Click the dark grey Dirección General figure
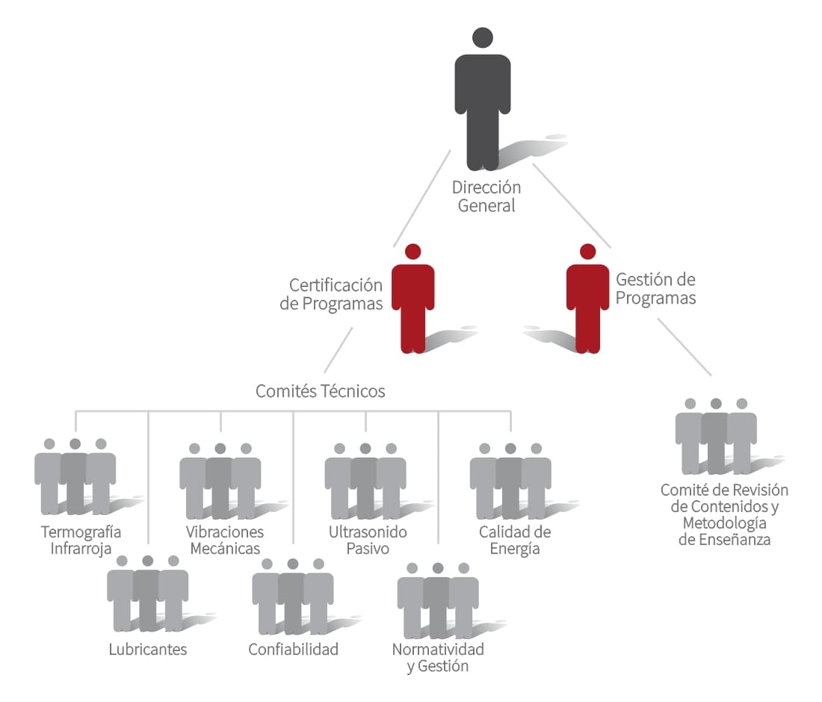click(x=482, y=99)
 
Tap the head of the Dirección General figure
click(x=482, y=37)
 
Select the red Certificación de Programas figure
click(x=413, y=299)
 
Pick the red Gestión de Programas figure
click(x=587, y=299)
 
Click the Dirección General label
click(x=486, y=197)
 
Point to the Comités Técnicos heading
click(x=321, y=391)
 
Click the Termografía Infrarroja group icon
click(x=75, y=476)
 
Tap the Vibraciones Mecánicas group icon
click(x=220, y=481)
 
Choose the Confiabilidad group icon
click(x=292, y=597)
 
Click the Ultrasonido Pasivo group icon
click(x=365, y=481)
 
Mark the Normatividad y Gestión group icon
click(x=438, y=601)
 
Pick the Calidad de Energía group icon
click(x=510, y=481)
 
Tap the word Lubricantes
click(x=148, y=650)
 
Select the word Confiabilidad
click(x=293, y=650)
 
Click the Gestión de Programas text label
click(x=656, y=289)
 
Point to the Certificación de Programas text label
click(x=331, y=294)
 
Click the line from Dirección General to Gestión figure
click(x=572, y=206)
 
